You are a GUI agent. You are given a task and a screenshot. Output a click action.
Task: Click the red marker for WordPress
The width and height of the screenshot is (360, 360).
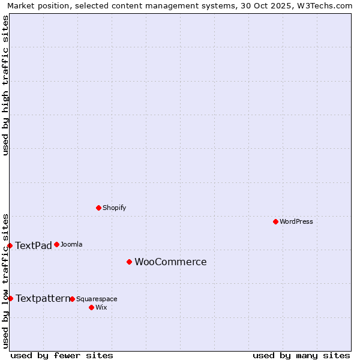(x=275, y=221)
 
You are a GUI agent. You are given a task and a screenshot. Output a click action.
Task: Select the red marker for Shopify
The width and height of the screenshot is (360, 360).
(x=98, y=208)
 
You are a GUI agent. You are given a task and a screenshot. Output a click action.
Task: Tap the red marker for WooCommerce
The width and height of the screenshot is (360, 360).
(x=129, y=262)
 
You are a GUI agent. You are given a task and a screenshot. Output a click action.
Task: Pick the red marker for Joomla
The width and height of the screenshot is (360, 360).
(x=56, y=244)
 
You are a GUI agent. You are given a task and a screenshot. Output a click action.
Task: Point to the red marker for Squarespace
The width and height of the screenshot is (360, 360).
(x=72, y=299)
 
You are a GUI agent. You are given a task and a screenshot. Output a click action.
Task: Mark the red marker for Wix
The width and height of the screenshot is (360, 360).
(x=91, y=307)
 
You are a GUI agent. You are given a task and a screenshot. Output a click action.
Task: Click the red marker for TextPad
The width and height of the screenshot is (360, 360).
(x=10, y=245)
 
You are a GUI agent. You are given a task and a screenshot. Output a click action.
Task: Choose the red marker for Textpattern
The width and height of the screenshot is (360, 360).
(x=10, y=298)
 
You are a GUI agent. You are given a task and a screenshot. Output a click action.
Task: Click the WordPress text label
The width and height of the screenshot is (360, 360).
(x=296, y=221)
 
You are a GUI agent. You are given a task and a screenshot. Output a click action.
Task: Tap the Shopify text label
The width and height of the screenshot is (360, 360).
(x=115, y=208)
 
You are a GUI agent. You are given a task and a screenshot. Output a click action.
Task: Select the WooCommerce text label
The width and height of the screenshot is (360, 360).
(x=170, y=262)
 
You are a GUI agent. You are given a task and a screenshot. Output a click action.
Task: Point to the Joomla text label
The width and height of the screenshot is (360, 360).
(x=71, y=244)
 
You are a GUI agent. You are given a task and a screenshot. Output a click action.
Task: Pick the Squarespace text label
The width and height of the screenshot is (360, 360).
(x=97, y=299)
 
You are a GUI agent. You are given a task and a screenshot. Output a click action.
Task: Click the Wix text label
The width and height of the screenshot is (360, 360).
(x=101, y=307)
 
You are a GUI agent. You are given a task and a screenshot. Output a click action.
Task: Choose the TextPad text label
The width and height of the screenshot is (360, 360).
(x=34, y=245)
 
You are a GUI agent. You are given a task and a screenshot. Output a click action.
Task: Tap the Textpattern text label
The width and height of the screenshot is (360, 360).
(x=43, y=298)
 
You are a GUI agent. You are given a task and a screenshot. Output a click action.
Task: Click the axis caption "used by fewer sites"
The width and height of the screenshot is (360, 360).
(x=62, y=355)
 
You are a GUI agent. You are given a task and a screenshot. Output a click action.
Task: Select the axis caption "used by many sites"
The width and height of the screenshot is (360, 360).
(x=301, y=355)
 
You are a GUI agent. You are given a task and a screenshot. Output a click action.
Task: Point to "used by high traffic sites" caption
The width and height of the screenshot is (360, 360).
(x=5, y=85)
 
